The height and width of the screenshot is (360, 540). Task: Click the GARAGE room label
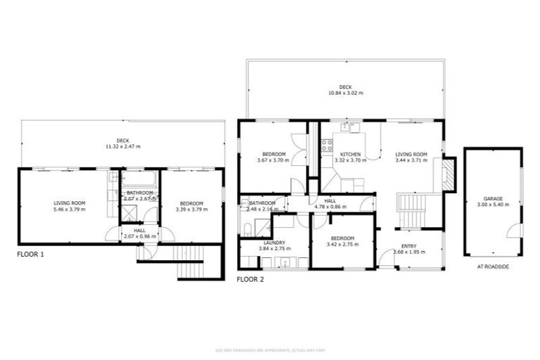coord(492,199)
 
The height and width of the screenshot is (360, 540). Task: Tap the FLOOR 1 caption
coord(30,254)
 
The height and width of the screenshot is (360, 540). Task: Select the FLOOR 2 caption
coord(250,279)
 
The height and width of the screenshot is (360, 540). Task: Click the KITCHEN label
coord(350,154)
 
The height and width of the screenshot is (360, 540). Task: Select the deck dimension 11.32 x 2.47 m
coord(122,146)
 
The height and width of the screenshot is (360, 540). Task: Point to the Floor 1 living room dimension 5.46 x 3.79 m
coord(69,209)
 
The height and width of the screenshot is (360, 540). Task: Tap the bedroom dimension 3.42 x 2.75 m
coord(344,244)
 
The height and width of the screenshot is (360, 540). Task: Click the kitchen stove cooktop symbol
coord(327,146)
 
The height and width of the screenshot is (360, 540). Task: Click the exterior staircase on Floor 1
coord(189,266)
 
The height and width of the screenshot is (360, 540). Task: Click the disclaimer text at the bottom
coord(269,349)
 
